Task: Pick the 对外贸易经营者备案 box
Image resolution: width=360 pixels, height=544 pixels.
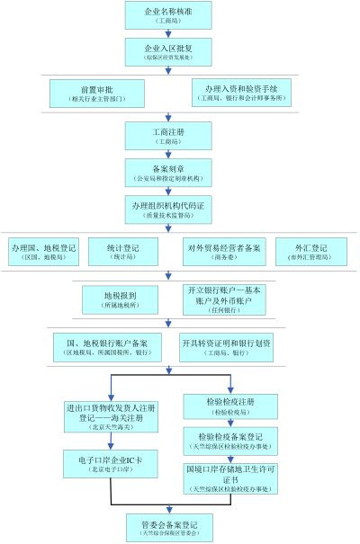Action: coord(223,251)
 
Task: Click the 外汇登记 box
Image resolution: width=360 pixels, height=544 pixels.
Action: coord(311,251)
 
